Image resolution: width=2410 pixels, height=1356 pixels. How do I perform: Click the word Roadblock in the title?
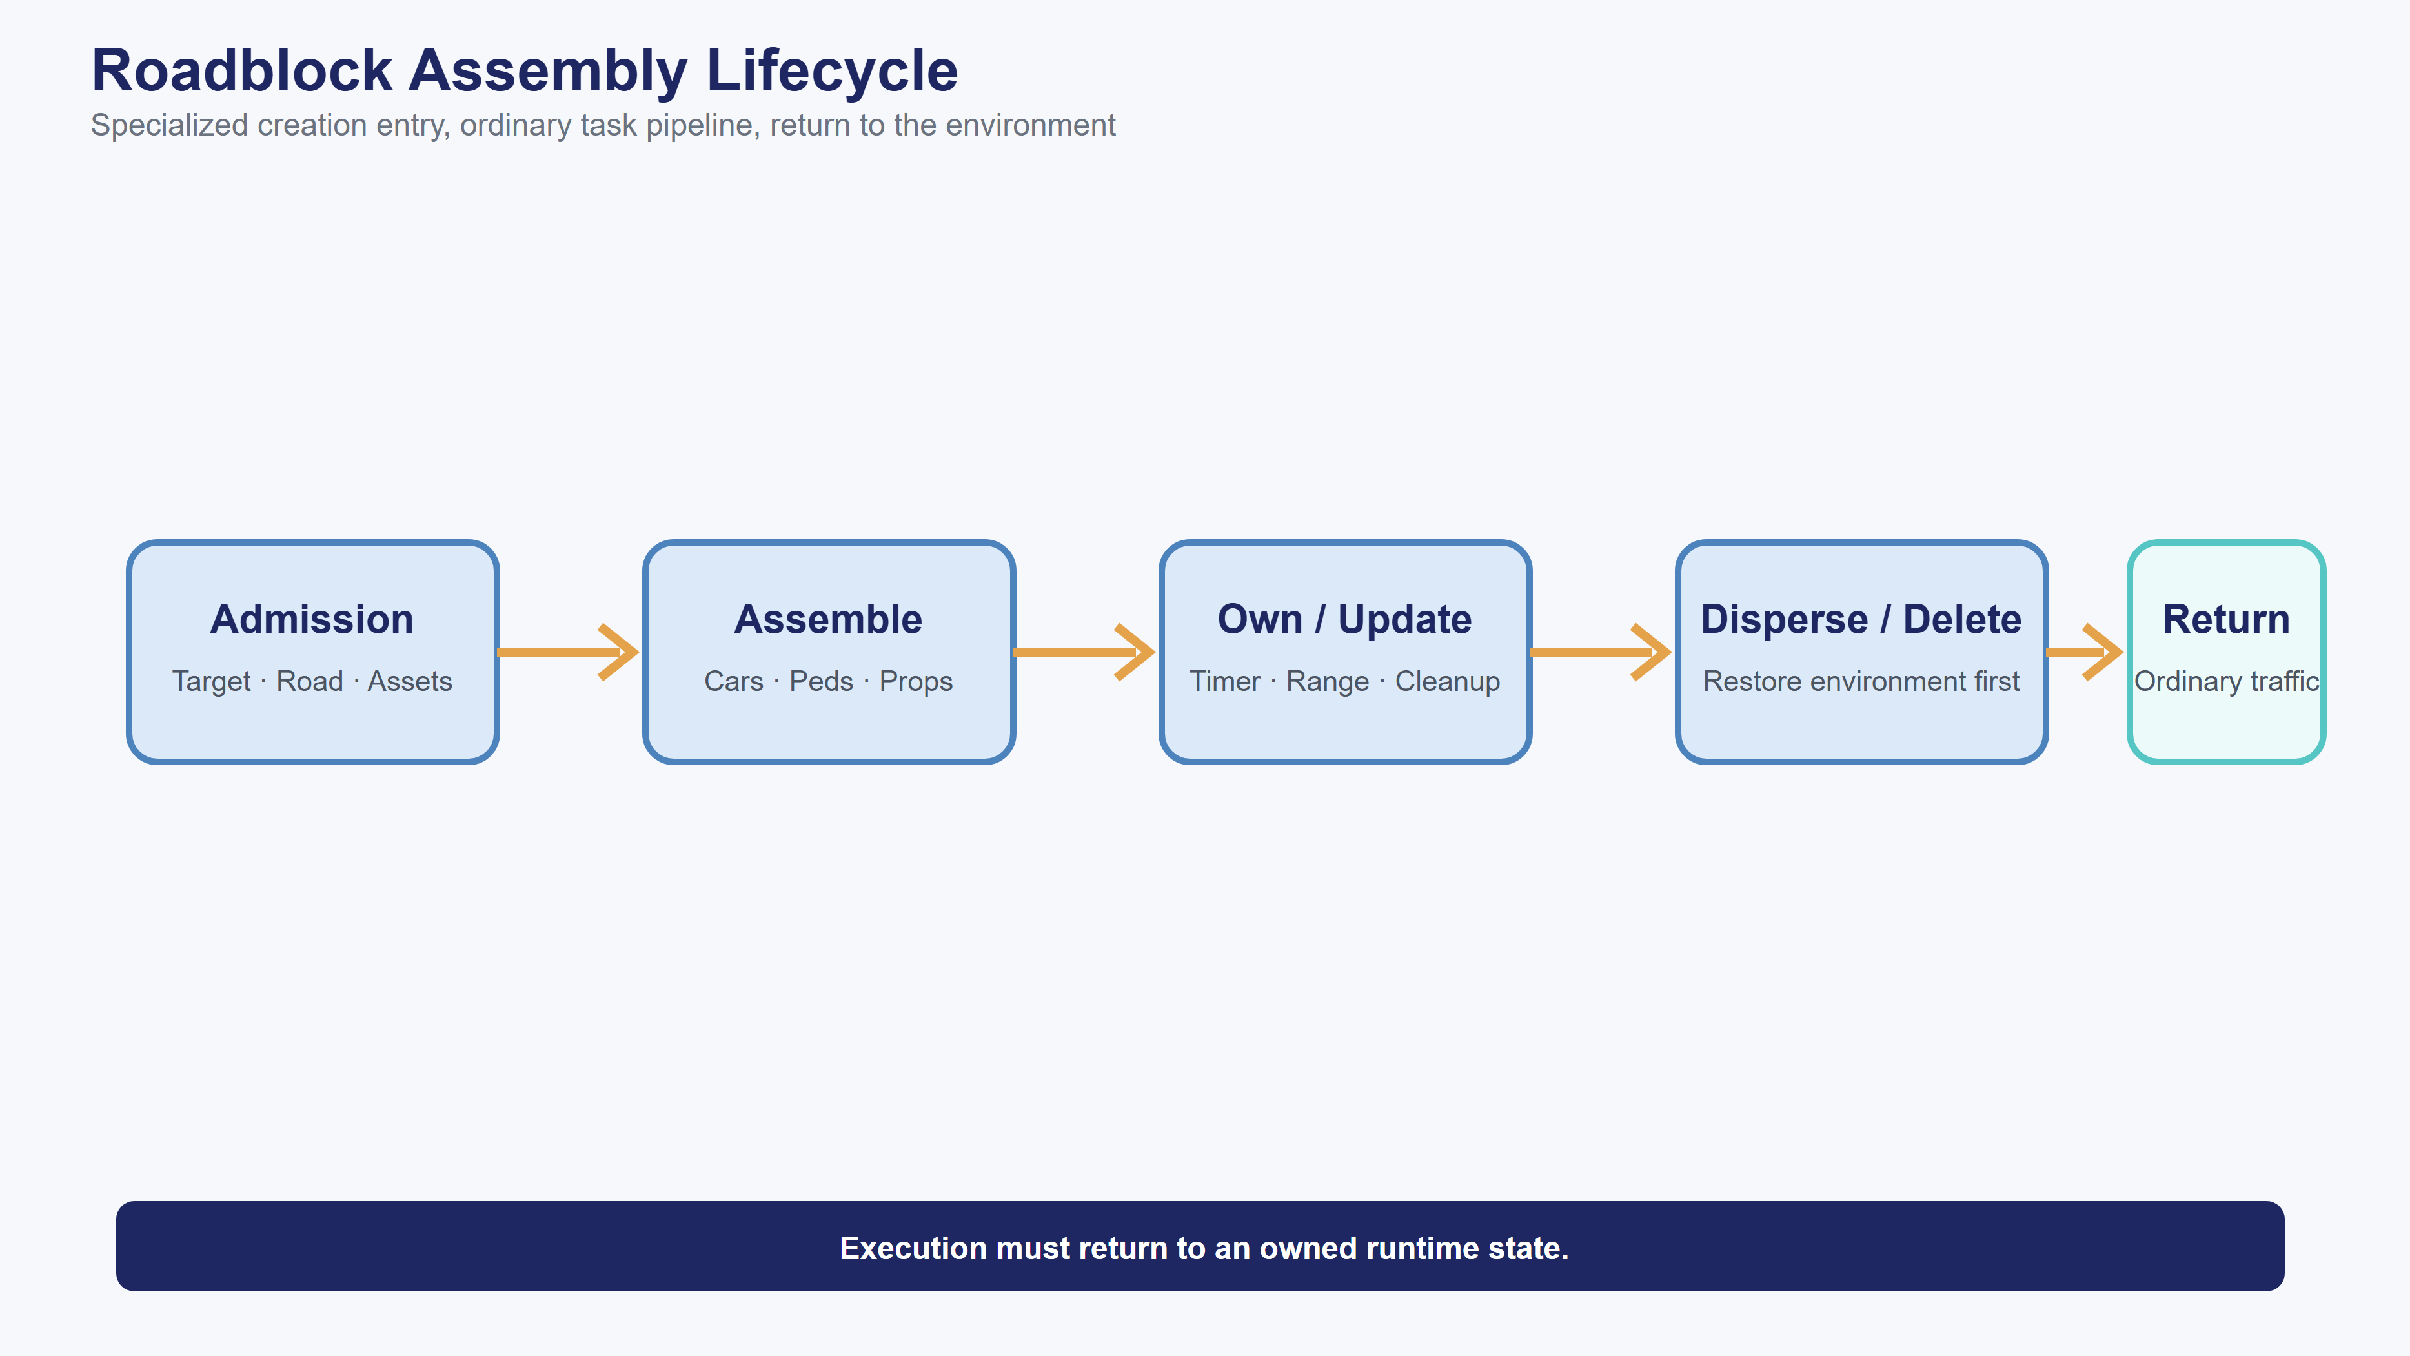[242, 71]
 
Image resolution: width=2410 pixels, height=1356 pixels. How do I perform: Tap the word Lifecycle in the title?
[832, 71]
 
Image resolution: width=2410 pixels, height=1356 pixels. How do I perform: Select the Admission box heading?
[312, 619]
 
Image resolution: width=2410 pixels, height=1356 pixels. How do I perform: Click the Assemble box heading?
[828, 619]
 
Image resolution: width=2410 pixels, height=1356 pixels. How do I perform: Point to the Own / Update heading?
[1344, 619]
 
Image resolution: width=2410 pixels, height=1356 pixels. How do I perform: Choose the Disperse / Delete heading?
[1861, 619]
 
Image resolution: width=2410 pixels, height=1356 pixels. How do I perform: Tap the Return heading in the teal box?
[2225, 619]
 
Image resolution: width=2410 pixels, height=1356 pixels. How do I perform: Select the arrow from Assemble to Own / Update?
[1084, 652]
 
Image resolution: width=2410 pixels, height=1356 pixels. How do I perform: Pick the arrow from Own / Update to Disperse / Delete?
[1601, 652]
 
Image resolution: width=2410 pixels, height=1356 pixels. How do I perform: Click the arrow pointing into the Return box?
[2085, 652]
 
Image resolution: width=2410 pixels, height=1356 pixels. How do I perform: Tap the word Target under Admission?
[212, 681]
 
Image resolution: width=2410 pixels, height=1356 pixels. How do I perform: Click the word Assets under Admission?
[410, 681]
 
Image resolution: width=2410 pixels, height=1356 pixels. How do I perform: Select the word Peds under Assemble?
[822, 681]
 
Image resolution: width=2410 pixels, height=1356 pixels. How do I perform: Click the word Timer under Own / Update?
[1224, 681]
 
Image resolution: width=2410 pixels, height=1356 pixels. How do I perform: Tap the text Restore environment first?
[1861, 681]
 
